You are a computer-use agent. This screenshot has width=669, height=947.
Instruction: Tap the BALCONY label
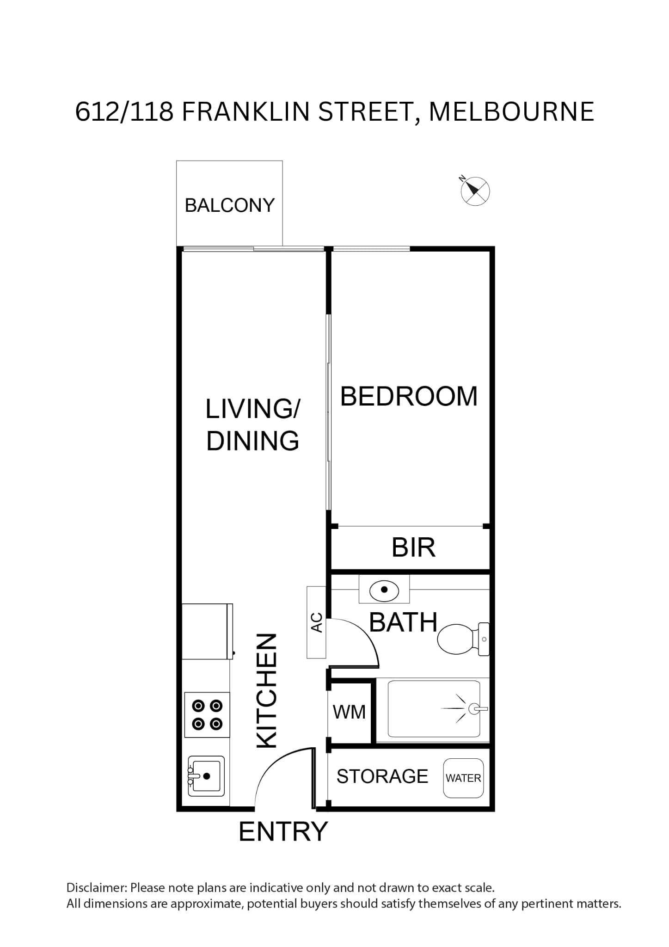[x=230, y=205]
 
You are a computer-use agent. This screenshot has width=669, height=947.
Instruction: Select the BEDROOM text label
[x=409, y=396]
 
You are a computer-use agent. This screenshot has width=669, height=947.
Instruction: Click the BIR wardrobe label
[x=413, y=547]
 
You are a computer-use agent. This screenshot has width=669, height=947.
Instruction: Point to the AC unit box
[x=316, y=622]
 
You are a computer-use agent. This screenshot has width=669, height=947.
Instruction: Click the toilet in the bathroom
[x=463, y=639]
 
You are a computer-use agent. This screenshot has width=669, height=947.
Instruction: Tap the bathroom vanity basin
[x=384, y=590]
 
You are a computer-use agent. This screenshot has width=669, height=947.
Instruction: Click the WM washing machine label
[x=349, y=713]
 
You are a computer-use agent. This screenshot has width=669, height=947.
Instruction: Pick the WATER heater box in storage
[x=463, y=778]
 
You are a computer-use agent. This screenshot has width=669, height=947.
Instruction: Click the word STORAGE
[x=382, y=777]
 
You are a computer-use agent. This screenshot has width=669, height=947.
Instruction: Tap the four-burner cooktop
[x=207, y=715]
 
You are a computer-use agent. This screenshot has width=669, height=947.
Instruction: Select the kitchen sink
[x=206, y=776]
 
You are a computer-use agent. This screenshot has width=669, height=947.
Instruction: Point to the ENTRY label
[x=283, y=844]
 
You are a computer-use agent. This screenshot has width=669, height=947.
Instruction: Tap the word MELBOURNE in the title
[x=511, y=112]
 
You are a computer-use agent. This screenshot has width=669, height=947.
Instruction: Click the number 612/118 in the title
[x=124, y=112]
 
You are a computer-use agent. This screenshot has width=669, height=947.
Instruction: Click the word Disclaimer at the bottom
[x=96, y=888]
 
